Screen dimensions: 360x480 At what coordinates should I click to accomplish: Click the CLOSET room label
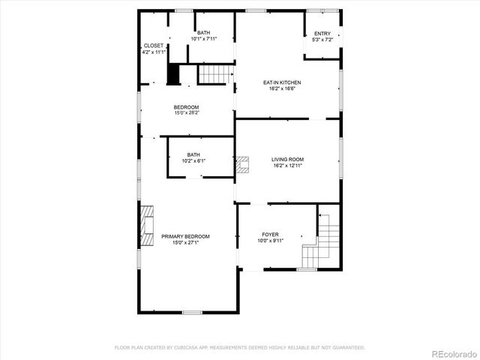pyautogui.click(x=154, y=46)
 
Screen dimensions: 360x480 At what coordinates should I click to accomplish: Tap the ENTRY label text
pyautogui.click(x=322, y=34)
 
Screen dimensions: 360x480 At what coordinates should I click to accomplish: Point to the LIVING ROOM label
pyautogui.click(x=287, y=159)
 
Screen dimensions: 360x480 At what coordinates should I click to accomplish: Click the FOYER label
pyautogui.click(x=270, y=235)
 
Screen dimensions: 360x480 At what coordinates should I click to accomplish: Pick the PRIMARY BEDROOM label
pyautogui.click(x=185, y=236)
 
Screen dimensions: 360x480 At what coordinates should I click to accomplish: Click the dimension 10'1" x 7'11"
pyautogui.click(x=204, y=39)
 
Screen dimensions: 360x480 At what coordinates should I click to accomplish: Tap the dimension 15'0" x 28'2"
pyautogui.click(x=187, y=113)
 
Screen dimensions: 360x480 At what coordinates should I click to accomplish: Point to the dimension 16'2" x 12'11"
pyautogui.click(x=287, y=166)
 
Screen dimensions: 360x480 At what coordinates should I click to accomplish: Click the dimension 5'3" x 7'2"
pyautogui.click(x=322, y=40)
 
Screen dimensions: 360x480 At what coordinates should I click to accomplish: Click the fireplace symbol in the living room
pyautogui.click(x=242, y=165)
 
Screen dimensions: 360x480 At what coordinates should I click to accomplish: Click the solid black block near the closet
pyautogui.click(x=173, y=75)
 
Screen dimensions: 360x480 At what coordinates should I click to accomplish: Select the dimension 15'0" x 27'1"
pyautogui.click(x=185, y=242)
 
